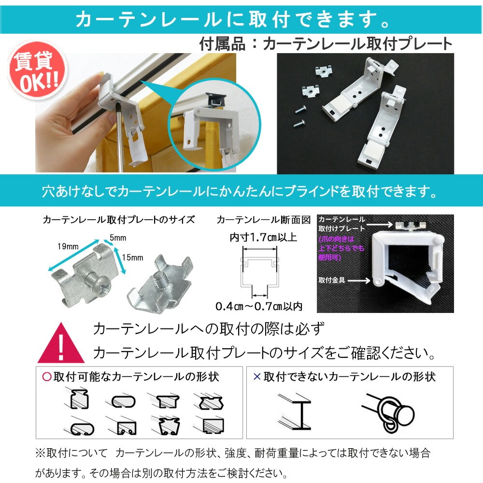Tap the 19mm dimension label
68,246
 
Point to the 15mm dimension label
132,257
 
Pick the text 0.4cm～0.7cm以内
259,306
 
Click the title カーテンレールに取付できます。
234,19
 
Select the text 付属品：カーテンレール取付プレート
326,44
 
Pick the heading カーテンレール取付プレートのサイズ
119,220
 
